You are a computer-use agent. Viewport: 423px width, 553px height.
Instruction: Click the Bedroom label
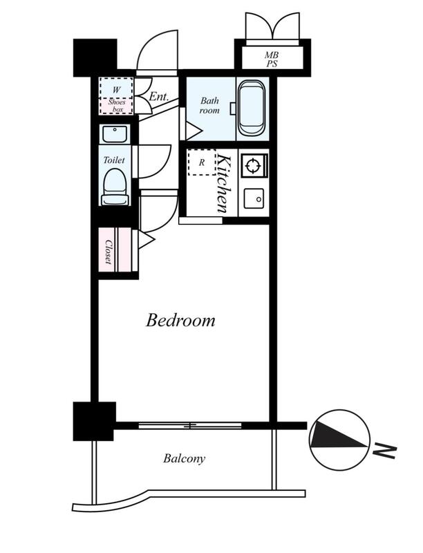[180, 321]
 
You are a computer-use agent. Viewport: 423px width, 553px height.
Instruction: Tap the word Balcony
[184, 458]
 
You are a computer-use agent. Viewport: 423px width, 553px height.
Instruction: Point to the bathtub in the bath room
[252, 108]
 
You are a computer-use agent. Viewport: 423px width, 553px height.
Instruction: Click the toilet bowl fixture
[114, 187]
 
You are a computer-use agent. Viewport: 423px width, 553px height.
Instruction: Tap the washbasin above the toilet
[115, 134]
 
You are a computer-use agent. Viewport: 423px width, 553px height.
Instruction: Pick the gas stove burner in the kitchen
[254, 165]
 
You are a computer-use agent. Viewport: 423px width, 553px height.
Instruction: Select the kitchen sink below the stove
[254, 198]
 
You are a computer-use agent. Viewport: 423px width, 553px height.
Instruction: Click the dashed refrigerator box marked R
[201, 162]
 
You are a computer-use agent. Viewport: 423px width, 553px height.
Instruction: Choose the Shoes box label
[117, 106]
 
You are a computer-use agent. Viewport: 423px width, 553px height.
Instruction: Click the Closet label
[109, 252]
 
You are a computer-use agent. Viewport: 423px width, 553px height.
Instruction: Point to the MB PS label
[272, 59]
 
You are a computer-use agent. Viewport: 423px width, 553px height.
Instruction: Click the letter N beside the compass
[386, 451]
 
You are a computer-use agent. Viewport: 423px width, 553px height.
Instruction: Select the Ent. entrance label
[159, 96]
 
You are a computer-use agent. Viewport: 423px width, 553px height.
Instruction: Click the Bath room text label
[209, 106]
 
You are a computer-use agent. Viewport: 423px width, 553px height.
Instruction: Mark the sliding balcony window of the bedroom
[189, 426]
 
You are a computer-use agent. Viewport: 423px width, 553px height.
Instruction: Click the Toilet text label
[114, 160]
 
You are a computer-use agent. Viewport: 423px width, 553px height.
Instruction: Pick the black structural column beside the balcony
[94, 421]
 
